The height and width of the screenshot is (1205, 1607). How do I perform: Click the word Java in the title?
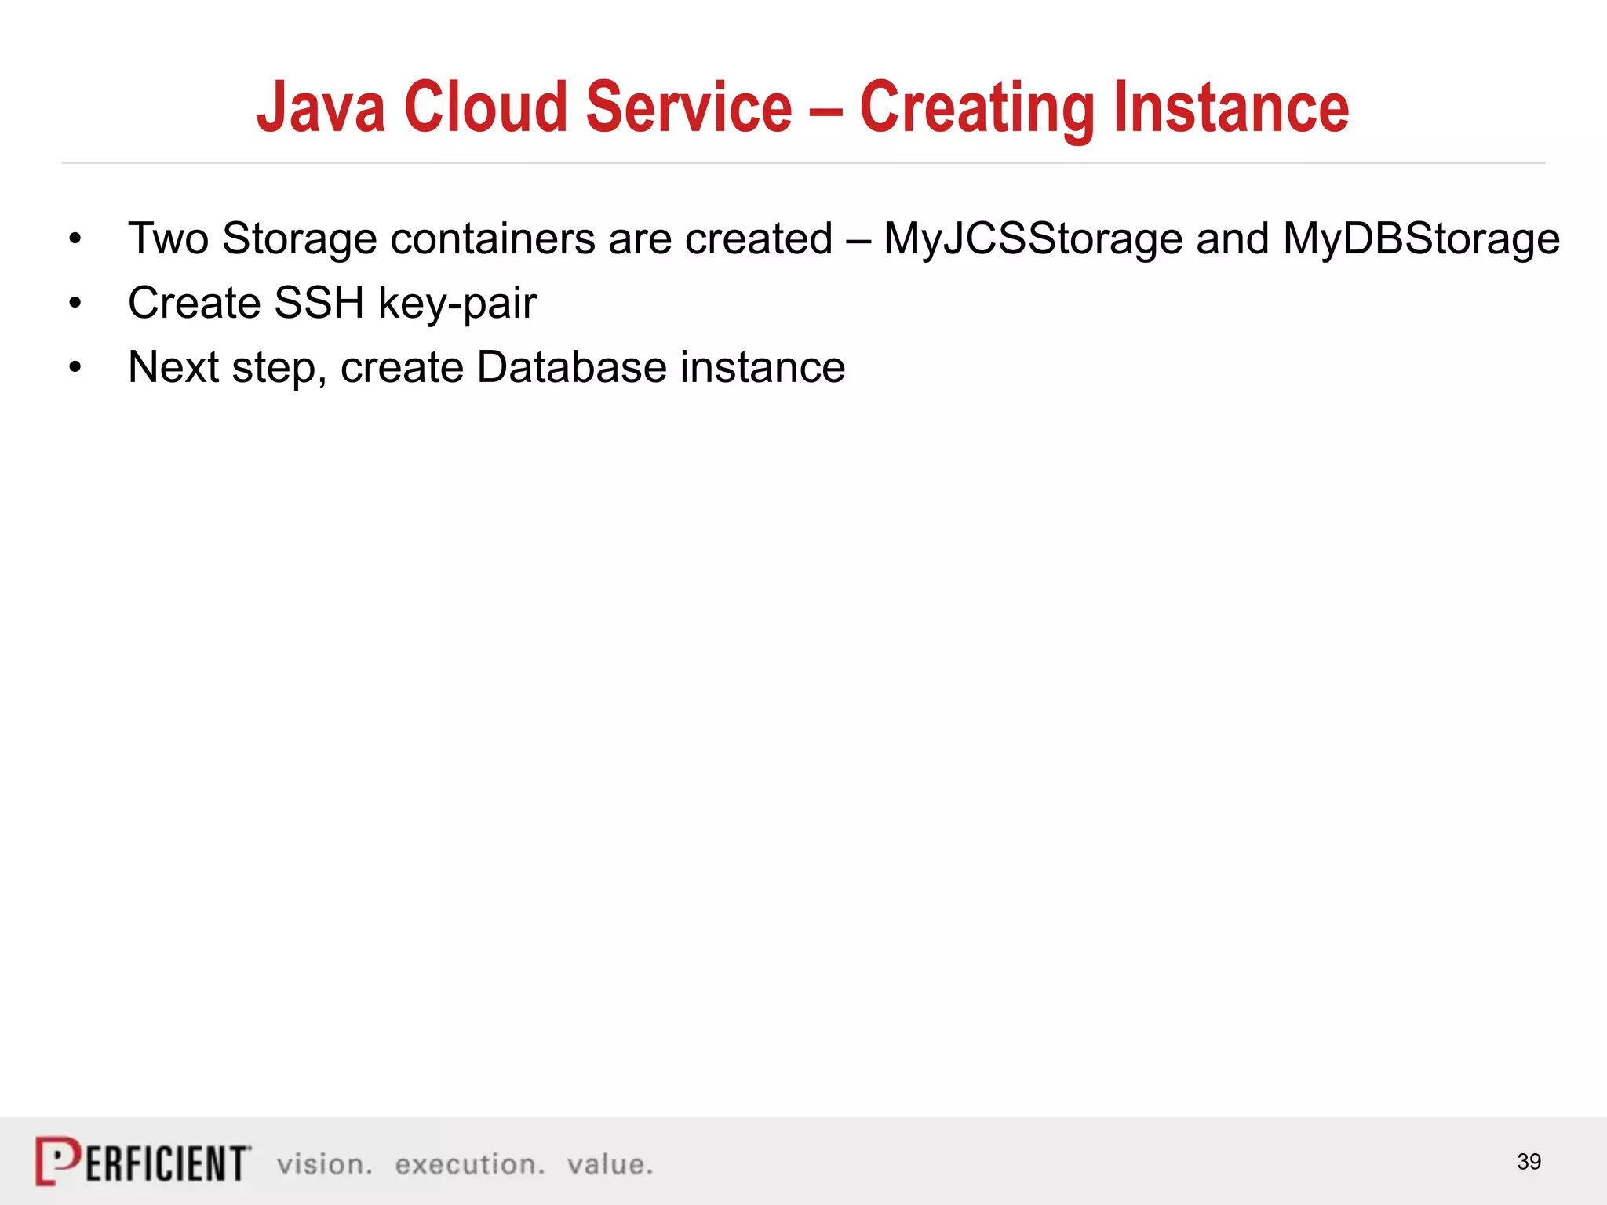pos(321,107)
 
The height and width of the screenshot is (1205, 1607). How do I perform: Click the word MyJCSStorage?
pos(1033,238)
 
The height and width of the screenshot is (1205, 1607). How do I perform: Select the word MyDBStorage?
pos(1421,238)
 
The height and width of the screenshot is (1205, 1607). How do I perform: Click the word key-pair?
pos(457,304)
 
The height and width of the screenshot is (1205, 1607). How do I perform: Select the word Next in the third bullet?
pos(173,367)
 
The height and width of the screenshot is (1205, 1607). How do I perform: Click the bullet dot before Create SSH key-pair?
pos(75,304)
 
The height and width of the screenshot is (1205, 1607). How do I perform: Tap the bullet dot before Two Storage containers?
pos(75,239)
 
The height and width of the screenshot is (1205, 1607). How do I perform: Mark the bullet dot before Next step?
pos(75,368)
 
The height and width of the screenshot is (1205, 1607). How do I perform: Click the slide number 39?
pos(1529,1161)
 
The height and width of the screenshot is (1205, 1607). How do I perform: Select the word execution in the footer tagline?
pos(469,1164)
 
